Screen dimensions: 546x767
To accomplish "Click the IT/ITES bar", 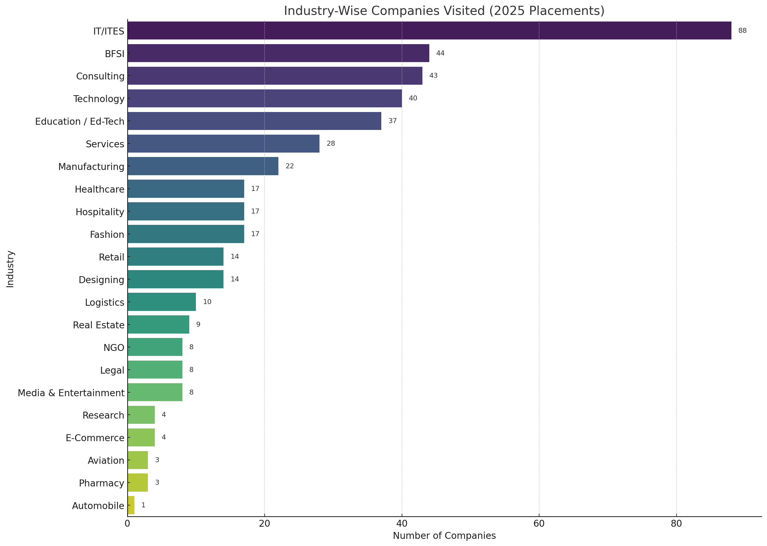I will pyautogui.click(x=429, y=31).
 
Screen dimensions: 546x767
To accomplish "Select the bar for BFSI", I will pyautogui.click(x=278, y=53).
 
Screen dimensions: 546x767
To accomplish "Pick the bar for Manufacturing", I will pyautogui.click(x=203, y=166).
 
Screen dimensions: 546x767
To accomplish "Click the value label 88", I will pyautogui.click(x=742, y=31).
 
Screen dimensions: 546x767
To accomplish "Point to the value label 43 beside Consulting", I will pyautogui.click(x=433, y=76).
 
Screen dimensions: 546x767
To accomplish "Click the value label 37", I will pyautogui.click(x=392, y=121).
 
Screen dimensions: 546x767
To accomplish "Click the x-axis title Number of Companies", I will pyautogui.click(x=444, y=536).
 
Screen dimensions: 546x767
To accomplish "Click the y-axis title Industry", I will pyautogui.click(x=10, y=269).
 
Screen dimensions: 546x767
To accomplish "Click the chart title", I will pyautogui.click(x=444, y=11).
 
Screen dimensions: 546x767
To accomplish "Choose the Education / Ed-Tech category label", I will pyautogui.click(x=80, y=121).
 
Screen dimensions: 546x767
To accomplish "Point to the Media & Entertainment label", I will pyautogui.click(x=71, y=393).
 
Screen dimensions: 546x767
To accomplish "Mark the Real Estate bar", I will pyautogui.click(x=158, y=324).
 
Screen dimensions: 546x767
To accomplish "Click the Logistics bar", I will pyautogui.click(x=162, y=302).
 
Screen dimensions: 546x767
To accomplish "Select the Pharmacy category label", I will pyautogui.click(x=102, y=483).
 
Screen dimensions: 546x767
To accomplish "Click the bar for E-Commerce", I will pyautogui.click(x=141, y=437).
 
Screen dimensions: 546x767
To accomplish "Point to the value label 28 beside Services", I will pyautogui.click(x=331, y=143).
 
